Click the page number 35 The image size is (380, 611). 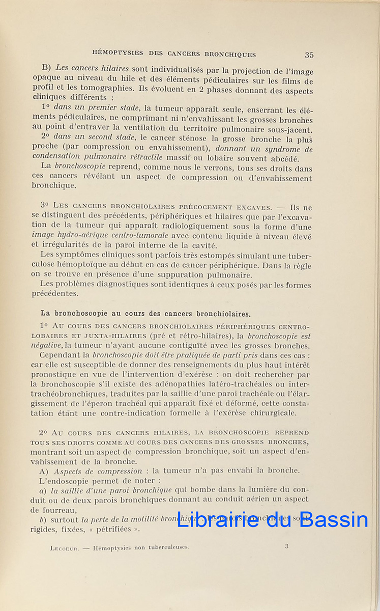coord(309,55)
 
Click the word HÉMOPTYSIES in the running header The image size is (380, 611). coord(116,53)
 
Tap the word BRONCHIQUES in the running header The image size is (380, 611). coord(230,54)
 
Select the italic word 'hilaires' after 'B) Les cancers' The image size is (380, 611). coord(114,68)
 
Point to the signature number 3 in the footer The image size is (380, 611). coord(286,546)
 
